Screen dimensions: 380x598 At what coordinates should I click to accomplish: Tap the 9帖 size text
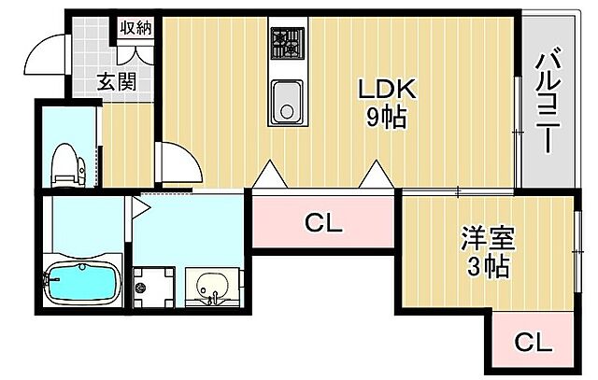click(385, 119)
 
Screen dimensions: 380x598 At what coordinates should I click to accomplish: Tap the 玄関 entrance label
click(117, 82)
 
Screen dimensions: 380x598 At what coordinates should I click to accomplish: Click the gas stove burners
click(286, 41)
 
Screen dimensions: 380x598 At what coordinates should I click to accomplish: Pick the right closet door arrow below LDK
click(377, 173)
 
